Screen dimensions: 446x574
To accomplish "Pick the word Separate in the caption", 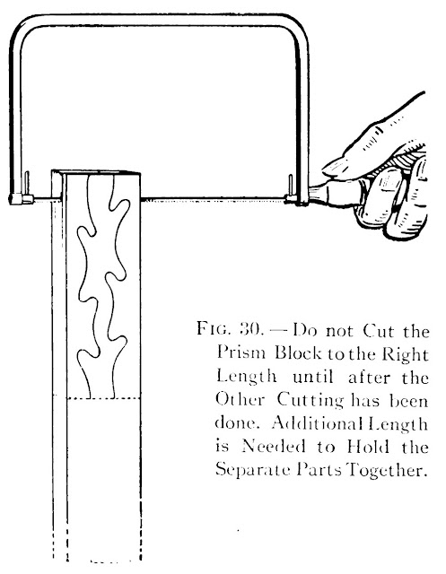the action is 252,470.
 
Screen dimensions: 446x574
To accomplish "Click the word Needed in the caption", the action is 274,447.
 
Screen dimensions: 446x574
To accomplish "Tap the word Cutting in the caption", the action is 310,401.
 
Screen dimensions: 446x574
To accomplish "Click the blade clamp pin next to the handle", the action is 291,186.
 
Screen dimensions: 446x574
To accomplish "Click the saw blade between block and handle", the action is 213,199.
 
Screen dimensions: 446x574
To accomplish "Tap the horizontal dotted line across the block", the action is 97,398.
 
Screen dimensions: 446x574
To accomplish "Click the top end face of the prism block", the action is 96,172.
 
